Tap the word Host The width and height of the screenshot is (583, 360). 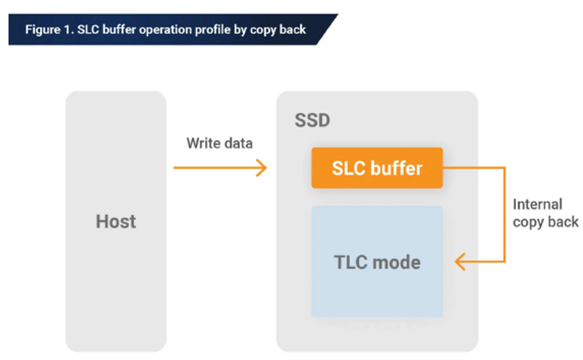tap(116, 222)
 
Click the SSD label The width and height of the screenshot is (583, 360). tap(312, 120)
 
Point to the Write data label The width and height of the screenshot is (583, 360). tap(219, 143)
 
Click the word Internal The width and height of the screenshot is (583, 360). tap(537, 204)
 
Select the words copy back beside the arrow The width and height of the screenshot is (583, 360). tap(545, 222)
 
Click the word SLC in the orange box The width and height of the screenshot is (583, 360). tap(348, 168)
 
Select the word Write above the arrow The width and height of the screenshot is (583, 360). tap(203, 143)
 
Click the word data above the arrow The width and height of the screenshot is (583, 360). tap(237, 143)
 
